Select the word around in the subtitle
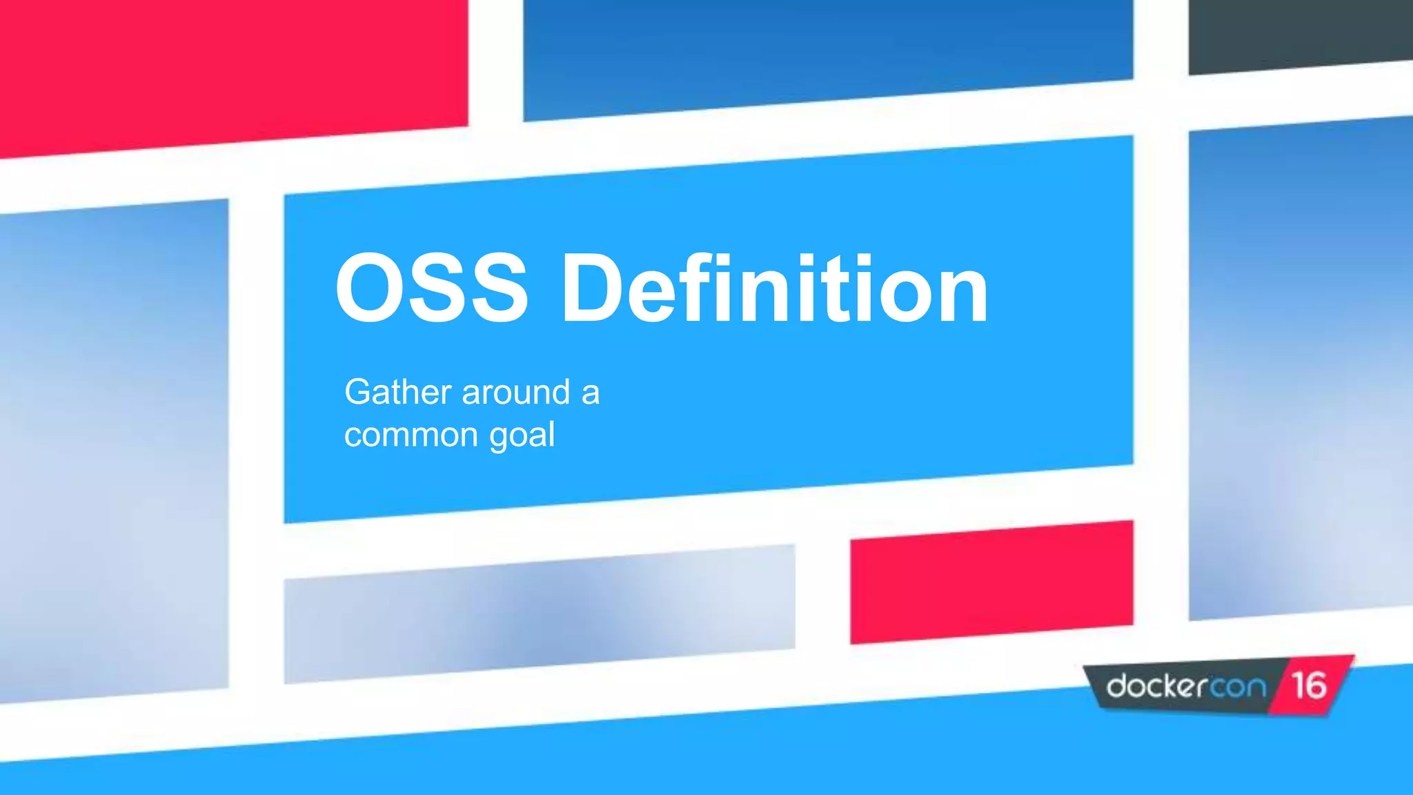(x=516, y=393)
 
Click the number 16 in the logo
(x=1309, y=685)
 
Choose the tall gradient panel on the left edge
(x=114, y=449)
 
